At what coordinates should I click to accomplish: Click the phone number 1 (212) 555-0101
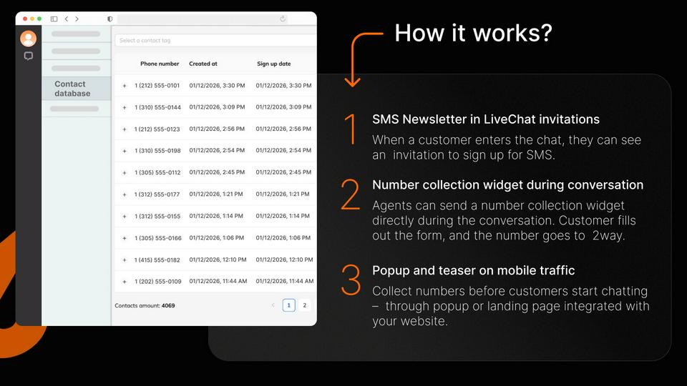[x=157, y=86]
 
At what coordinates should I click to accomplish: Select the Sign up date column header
[x=274, y=64]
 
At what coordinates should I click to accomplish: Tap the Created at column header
[x=203, y=64]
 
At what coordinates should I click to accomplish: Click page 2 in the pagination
[x=305, y=305]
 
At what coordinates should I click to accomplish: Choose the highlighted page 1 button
[x=288, y=305]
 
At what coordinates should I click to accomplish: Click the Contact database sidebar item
[x=73, y=89]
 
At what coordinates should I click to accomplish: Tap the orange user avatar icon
[x=29, y=39]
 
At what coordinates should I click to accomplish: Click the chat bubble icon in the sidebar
[x=29, y=56]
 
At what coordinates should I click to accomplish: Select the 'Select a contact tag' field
[x=215, y=40]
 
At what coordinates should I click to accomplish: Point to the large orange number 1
[x=351, y=129]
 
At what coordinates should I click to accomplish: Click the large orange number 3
[x=351, y=280]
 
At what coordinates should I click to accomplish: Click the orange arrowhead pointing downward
[x=352, y=81]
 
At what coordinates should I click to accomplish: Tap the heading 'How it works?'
[x=473, y=33]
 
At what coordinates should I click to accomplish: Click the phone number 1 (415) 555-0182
[x=157, y=260]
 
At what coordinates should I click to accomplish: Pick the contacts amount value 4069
[x=167, y=306]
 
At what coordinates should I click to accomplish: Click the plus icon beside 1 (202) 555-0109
[x=125, y=282]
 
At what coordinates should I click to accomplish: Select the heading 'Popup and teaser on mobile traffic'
[x=473, y=270]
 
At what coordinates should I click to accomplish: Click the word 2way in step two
[x=608, y=236]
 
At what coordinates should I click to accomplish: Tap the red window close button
[x=25, y=19]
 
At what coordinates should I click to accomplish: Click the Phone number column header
[x=160, y=64]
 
